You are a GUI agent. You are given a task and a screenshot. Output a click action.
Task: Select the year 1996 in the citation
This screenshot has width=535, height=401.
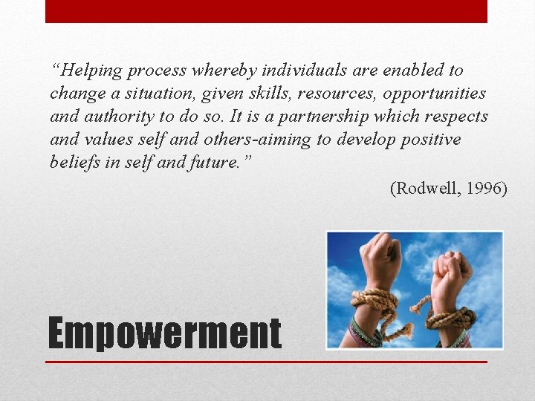481,189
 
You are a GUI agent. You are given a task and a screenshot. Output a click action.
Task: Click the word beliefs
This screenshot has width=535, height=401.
75,163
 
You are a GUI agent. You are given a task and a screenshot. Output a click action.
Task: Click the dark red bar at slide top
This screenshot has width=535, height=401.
266,11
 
